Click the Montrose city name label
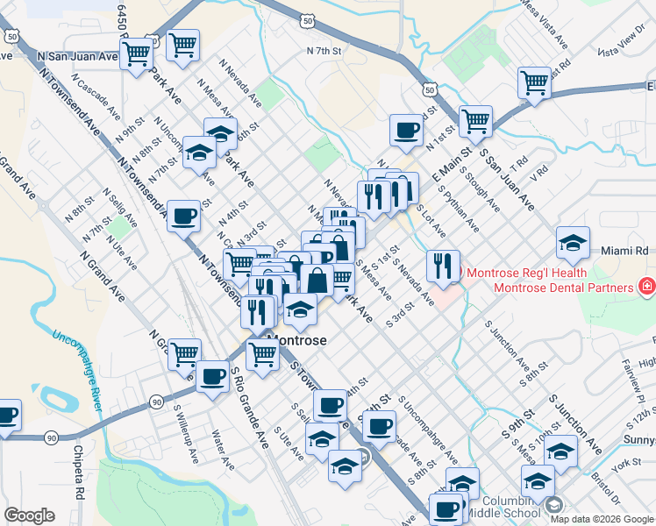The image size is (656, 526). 296,340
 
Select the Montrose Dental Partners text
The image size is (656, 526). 562,287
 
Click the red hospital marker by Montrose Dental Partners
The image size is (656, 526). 647,286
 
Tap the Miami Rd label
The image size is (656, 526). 624,251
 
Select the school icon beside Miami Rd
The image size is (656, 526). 573,242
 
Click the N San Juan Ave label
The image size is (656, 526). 78,55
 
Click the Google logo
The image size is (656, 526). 29,515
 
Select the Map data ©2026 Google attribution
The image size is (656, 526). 601,518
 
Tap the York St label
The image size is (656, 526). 629,462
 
